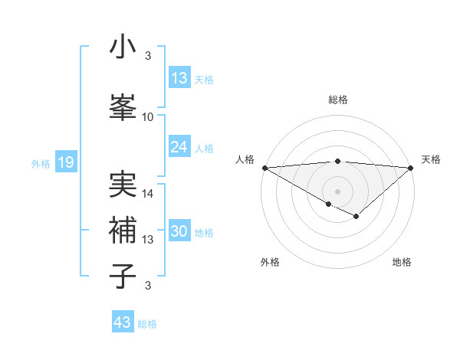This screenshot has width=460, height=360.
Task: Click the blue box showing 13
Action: (x=179, y=79)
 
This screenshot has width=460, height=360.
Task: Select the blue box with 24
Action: (x=179, y=147)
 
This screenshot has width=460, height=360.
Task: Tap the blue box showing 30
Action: (x=179, y=232)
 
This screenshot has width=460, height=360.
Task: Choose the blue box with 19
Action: (x=65, y=162)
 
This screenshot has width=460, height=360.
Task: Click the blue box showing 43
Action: (x=123, y=322)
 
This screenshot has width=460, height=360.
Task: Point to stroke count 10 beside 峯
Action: (x=148, y=117)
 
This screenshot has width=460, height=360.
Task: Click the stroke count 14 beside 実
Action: (x=148, y=194)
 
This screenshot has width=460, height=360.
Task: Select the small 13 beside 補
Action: (x=148, y=240)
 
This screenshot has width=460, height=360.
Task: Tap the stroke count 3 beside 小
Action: (x=148, y=55)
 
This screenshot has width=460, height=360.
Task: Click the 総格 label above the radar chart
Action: (x=337, y=100)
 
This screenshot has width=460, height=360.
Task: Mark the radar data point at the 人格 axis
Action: (x=264, y=168)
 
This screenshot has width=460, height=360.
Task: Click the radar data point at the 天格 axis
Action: (x=411, y=168)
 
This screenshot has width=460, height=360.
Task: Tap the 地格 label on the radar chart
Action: (x=402, y=262)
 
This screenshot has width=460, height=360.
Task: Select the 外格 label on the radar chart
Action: (x=270, y=262)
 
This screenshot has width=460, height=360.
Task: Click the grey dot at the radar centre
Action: (x=337, y=191)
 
